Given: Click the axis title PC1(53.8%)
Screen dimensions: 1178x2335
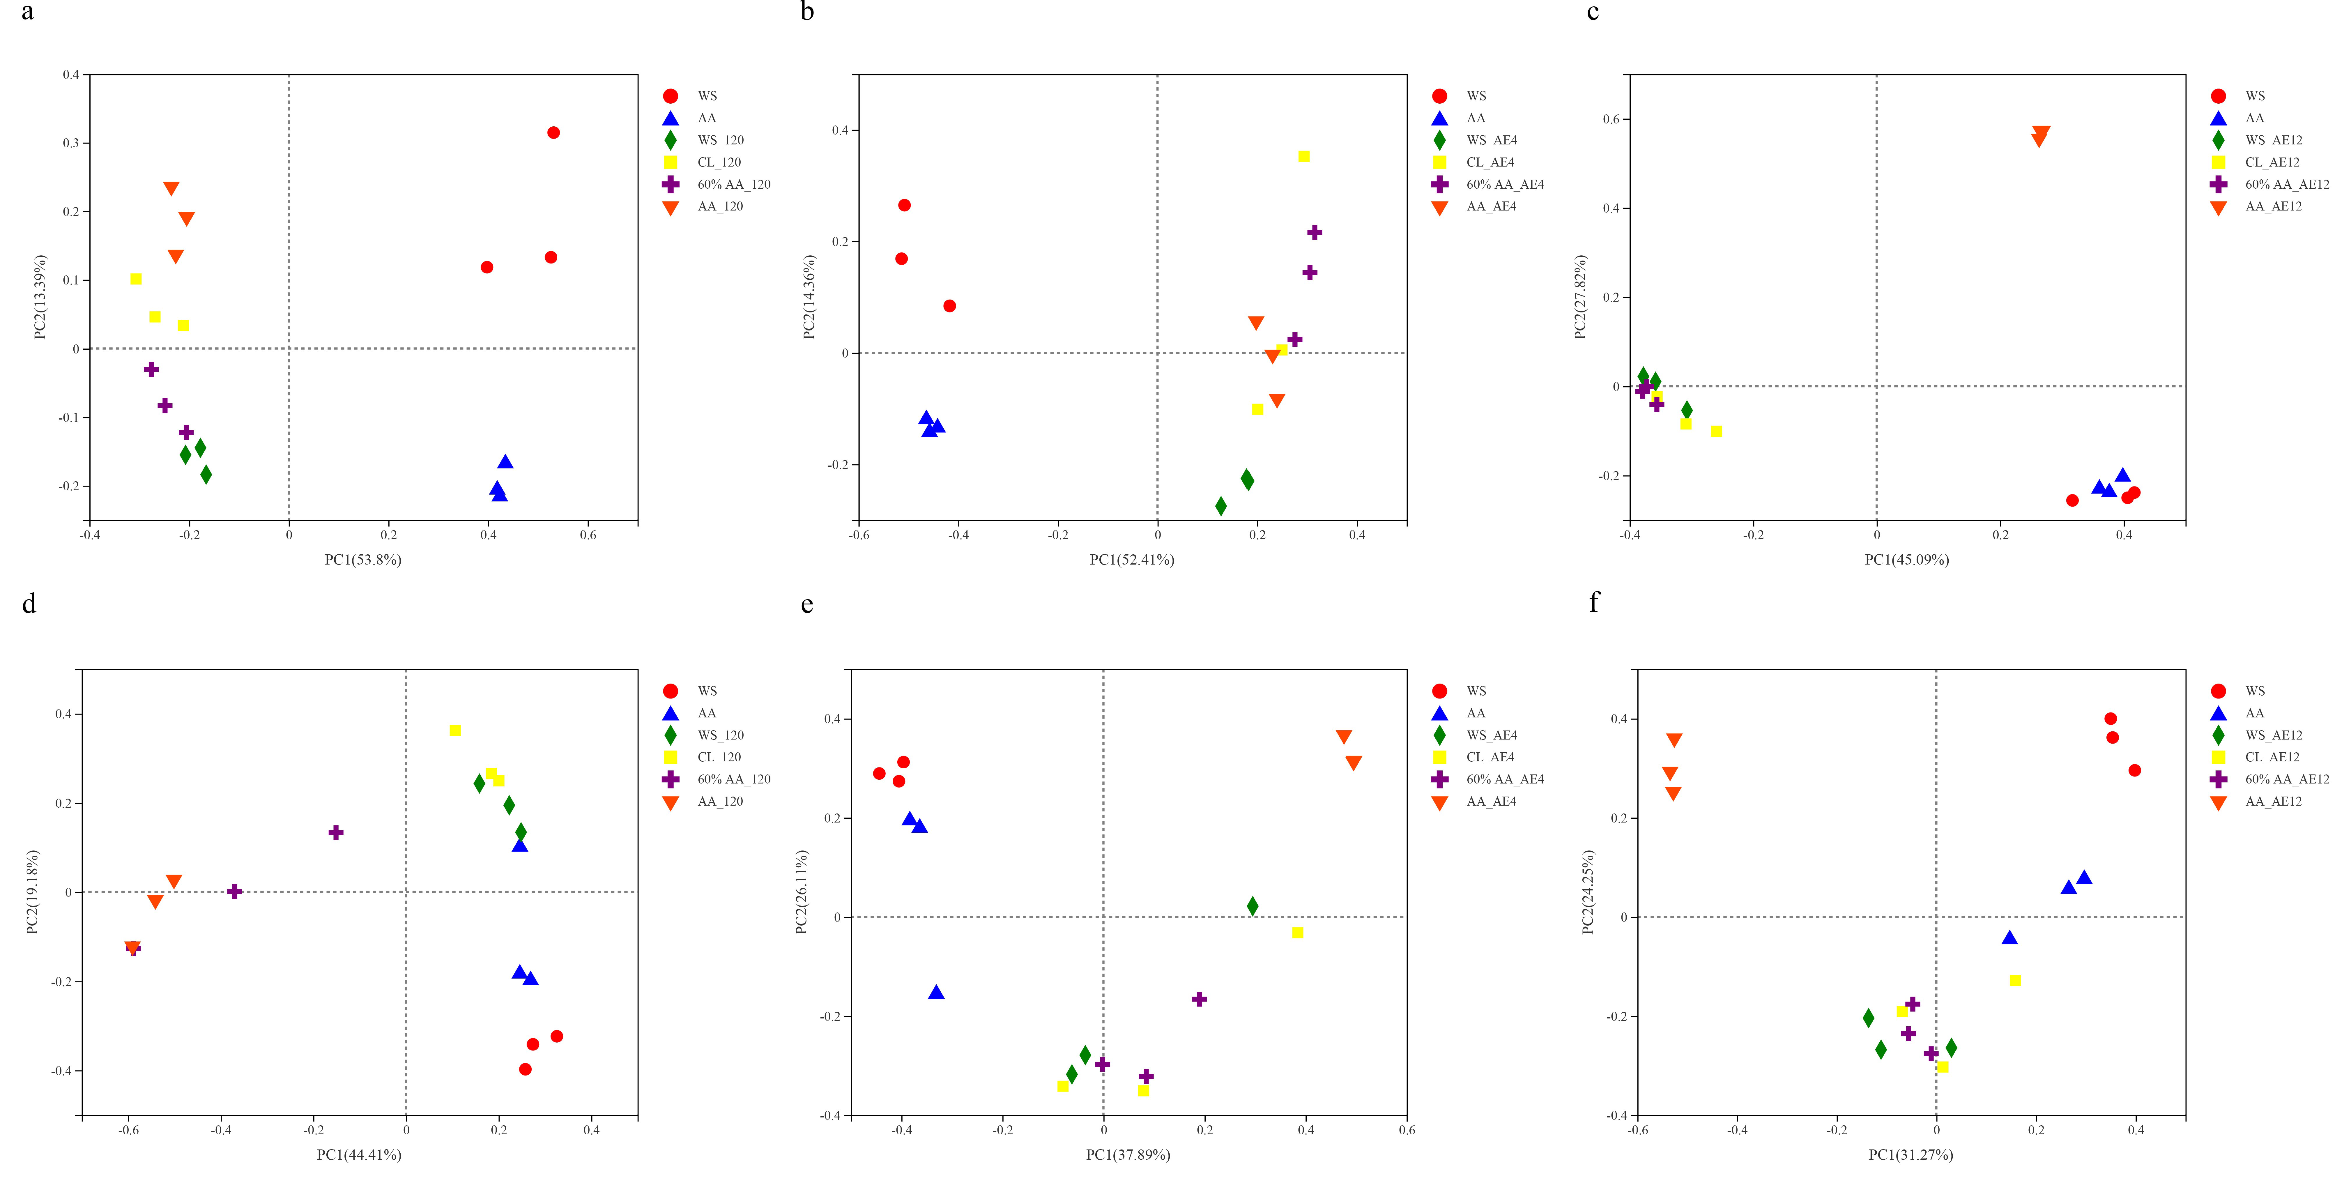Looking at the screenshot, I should [362, 560].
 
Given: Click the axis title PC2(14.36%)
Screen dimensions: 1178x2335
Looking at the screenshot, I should [809, 297].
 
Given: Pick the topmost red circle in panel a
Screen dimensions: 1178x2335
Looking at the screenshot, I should [554, 133].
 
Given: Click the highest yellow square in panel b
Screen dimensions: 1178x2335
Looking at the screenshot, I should [1303, 157].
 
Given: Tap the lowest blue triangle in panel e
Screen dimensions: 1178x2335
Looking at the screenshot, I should [936, 992].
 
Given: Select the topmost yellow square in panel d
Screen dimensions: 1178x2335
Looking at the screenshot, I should [455, 730].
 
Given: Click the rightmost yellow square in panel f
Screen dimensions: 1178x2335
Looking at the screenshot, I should [2015, 981].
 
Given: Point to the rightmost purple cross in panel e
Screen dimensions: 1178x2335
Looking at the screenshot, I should [1199, 999].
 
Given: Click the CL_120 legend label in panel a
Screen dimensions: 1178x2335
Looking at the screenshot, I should [719, 162].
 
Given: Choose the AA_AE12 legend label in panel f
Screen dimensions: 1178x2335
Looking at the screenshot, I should [2272, 801].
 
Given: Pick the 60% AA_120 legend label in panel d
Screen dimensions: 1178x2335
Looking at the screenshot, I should [733, 779].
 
